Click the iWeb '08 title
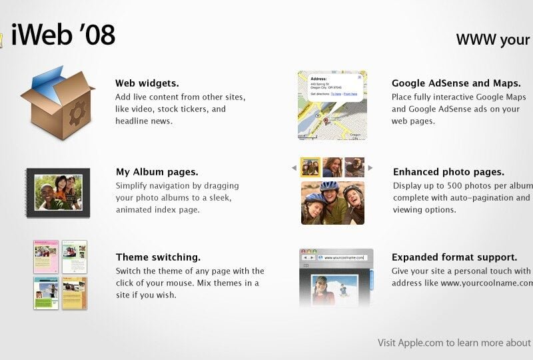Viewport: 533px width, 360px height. [63, 35]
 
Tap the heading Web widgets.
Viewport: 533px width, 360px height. [147, 83]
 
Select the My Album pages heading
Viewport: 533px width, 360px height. [157, 172]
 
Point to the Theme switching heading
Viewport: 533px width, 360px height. [159, 257]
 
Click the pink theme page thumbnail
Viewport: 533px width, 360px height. [46, 257]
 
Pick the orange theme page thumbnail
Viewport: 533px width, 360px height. [75, 293]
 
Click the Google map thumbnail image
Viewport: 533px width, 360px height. [332, 105]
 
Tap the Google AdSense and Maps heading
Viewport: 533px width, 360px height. [456, 83]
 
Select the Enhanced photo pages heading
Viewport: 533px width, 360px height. [448, 172]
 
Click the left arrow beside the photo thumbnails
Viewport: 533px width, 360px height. [294, 168]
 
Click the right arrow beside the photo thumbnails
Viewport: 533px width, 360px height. [370, 168]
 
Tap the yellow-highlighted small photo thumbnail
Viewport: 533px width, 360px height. [310, 167]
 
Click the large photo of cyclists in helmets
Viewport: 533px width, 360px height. [332, 203]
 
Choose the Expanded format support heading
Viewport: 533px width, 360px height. [454, 257]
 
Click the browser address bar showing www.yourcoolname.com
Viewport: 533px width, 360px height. [344, 257]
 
